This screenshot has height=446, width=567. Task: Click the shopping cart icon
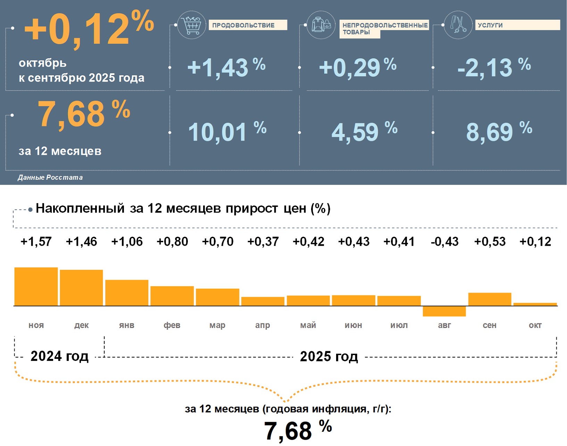(x=191, y=25)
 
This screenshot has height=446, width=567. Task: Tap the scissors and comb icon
(x=458, y=25)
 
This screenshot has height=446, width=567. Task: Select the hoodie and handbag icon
(x=321, y=25)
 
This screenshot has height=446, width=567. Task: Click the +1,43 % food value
(x=226, y=67)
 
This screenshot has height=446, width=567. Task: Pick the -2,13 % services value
(x=494, y=67)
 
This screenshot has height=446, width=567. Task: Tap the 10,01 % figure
(x=227, y=132)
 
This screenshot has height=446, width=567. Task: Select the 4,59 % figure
(x=364, y=132)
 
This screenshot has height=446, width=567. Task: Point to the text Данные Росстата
(x=50, y=177)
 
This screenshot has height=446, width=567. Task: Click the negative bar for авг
(x=444, y=311)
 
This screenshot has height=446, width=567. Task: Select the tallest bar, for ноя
(x=36, y=286)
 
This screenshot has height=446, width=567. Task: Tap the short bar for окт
(x=535, y=304)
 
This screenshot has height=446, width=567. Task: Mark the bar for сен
(x=490, y=299)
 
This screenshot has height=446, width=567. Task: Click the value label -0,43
(x=444, y=242)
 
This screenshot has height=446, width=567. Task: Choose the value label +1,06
(x=127, y=242)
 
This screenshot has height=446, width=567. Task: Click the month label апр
(x=262, y=325)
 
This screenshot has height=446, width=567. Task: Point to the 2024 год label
(x=59, y=356)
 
